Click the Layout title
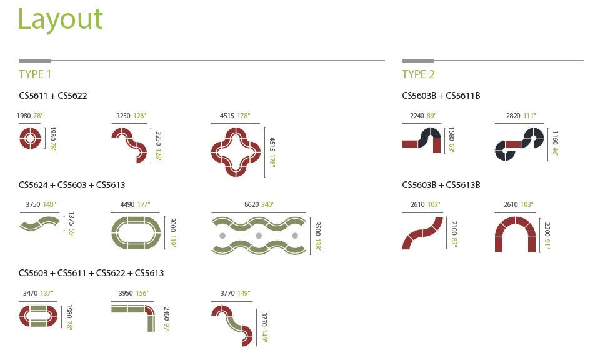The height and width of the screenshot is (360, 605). click(x=60, y=19)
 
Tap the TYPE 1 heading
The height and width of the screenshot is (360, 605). click(x=35, y=74)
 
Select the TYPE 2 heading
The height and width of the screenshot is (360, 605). click(x=418, y=74)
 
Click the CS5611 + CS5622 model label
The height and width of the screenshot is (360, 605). click(x=53, y=96)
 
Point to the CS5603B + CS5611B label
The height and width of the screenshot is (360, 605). click(x=441, y=96)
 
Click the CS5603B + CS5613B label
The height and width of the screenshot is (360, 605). click(x=441, y=185)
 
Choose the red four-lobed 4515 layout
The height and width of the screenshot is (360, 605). click(x=236, y=152)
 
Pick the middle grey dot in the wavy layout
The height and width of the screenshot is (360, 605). click(x=259, y=236)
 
